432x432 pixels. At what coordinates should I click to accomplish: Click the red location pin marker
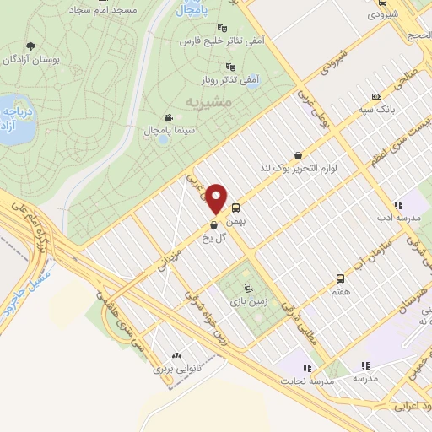(216, 198)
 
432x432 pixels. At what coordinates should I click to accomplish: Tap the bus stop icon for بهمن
(235, 206)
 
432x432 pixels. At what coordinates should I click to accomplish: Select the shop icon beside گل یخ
(213, 224)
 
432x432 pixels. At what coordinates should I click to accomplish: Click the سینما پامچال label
(196, 132)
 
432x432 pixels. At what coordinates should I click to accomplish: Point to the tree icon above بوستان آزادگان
(31, 46)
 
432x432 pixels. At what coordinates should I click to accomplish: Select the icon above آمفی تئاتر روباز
(229, 67)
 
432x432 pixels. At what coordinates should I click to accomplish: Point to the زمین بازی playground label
(247, 300)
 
